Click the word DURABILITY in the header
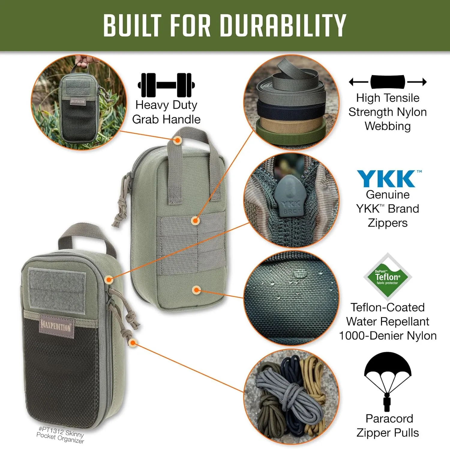click(x=283, y=25)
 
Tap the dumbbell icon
click(x=166, y=85)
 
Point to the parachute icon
click(x=388, y=382)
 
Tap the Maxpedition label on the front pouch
click(x=56, y=325)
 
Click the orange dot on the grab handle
click(x=178, y=140)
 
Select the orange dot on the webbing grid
click(x=195, y=221)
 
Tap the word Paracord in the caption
click(x=389, y=418)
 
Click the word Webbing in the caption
click(x=388, y=126)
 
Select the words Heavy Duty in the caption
click(x=166, y=105)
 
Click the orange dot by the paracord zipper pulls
click(x=133, y=342)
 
